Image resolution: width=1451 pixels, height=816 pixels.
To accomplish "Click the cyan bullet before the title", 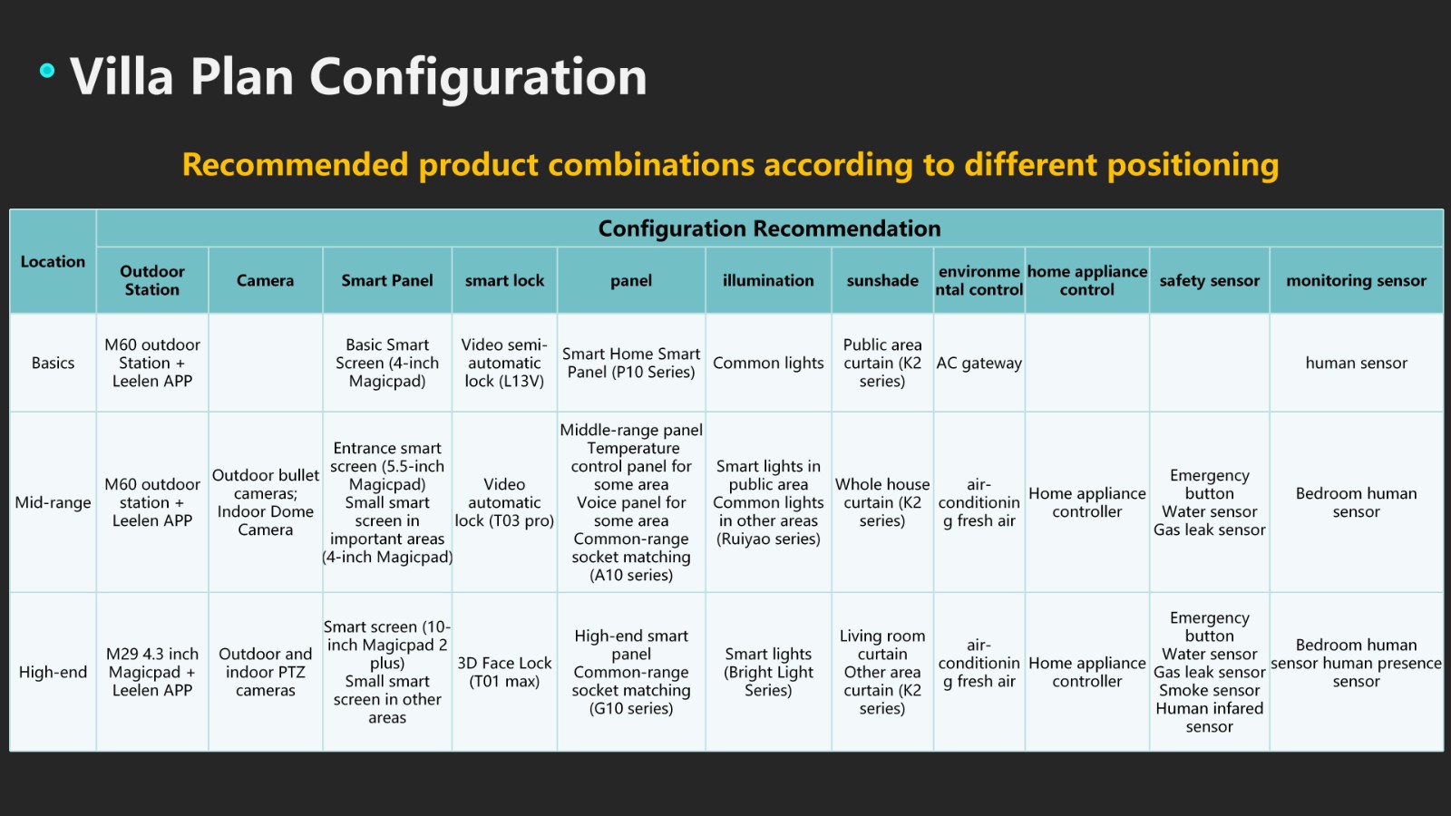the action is point(46,71).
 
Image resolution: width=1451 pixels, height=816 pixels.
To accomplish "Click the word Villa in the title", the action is point(122,77).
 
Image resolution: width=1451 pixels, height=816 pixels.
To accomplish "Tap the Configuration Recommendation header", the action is point(769,228).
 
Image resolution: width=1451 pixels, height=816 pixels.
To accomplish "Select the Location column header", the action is point(53,262).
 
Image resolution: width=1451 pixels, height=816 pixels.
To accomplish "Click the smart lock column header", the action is point(504,280).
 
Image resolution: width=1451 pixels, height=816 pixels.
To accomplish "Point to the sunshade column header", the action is point(882,280).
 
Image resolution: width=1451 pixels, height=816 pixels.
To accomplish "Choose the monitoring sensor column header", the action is point(1356,280).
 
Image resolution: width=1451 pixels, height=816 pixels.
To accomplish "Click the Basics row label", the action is point(53,363).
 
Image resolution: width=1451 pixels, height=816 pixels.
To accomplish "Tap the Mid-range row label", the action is point(53,502).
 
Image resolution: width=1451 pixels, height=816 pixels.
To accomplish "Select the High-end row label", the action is point(53,672).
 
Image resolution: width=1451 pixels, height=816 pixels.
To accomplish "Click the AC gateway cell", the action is point(979,363).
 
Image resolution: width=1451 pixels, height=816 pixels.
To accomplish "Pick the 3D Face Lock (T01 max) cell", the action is point(504,672).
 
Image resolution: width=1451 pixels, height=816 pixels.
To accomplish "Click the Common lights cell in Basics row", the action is point(768,363).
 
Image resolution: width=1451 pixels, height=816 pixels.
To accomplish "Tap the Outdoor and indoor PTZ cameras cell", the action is point(265,672).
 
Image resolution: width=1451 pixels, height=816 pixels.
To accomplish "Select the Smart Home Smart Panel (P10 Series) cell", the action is point(631,363).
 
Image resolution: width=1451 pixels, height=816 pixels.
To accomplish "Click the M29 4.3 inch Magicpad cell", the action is point(152,672).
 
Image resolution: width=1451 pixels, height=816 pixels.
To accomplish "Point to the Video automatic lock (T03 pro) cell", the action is point(504,502).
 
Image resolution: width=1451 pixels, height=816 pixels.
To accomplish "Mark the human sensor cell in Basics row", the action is point(1356,363).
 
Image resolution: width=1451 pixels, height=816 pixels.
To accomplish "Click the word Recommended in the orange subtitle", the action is point(296,164).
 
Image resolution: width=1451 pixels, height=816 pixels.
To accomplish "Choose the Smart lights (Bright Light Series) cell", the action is point(768,672).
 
